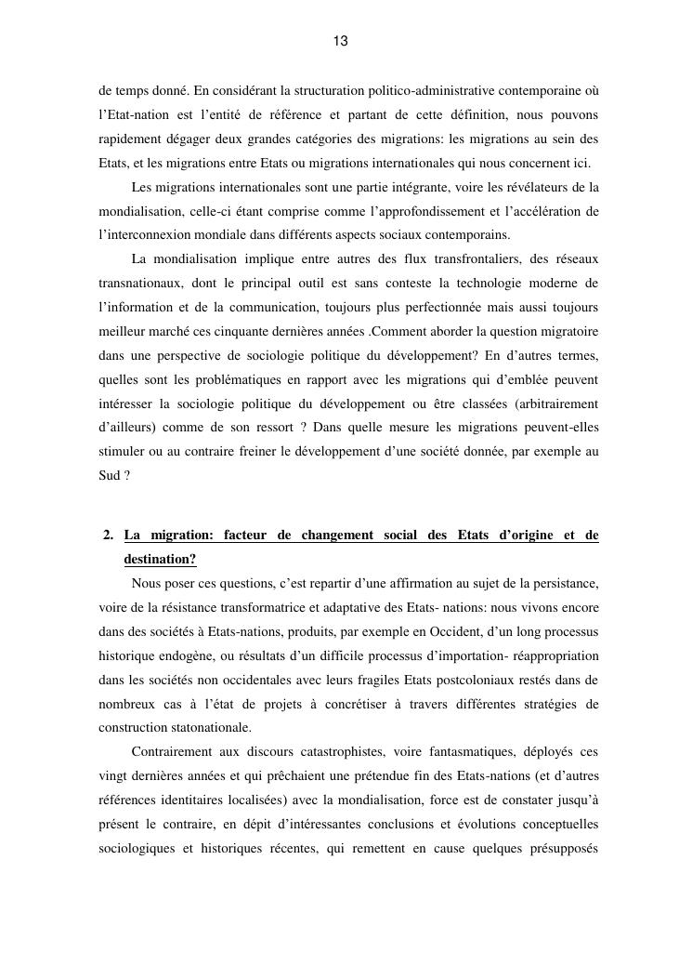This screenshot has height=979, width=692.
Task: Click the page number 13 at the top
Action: pos(340,41)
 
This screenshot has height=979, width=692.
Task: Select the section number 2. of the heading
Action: pos(109,536)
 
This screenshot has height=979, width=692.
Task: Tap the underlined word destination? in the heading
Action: pos(160,560)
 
